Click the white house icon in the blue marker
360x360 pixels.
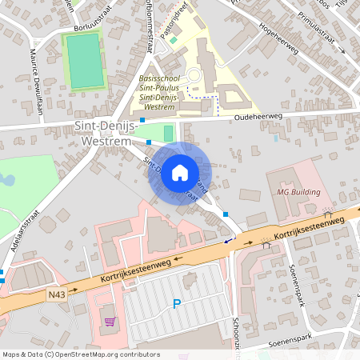point(180,172)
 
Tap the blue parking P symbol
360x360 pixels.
point(177,303)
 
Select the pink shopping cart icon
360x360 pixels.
point(110,322)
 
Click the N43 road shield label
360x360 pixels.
point(57,294)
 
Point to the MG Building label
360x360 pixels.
point(298,192)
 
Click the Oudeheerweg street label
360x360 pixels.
point(258,116)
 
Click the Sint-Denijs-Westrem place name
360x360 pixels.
point(106,134)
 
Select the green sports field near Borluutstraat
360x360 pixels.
point(84,61)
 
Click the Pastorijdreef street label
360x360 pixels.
point(178,17)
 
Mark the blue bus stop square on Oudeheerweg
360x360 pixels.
point(142,119)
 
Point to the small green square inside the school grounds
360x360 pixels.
point(173,40)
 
